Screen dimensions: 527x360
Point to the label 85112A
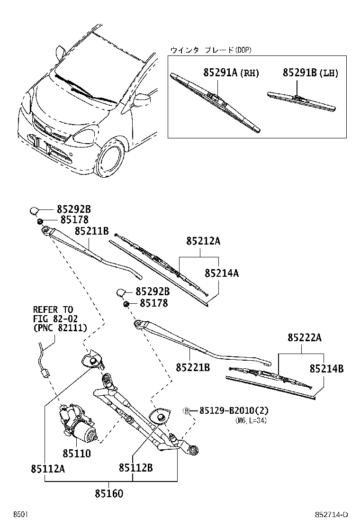point(48,469)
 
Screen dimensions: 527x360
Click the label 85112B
point(135,468)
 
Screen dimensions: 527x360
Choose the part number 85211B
point(92,231)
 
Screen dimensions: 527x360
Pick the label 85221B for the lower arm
point(193,367)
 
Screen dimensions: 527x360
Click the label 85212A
point(203,241)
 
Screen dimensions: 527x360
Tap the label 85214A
point(222,273)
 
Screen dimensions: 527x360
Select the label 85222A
point(305,338)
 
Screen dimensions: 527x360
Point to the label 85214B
point(327,368)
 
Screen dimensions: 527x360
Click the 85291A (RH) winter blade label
point(231,73)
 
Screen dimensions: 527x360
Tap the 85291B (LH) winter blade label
point(310,73)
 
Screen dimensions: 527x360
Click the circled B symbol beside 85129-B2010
point(187,410)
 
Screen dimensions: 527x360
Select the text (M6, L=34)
point(250,420)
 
